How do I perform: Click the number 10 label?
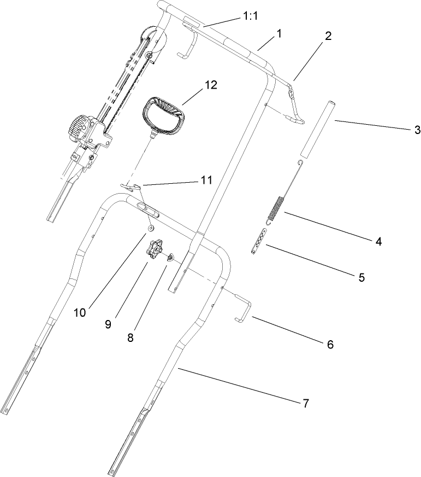80,313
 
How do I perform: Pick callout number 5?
361,277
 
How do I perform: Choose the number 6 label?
330,345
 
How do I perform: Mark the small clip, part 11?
132,188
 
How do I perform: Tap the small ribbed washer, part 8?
171,256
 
